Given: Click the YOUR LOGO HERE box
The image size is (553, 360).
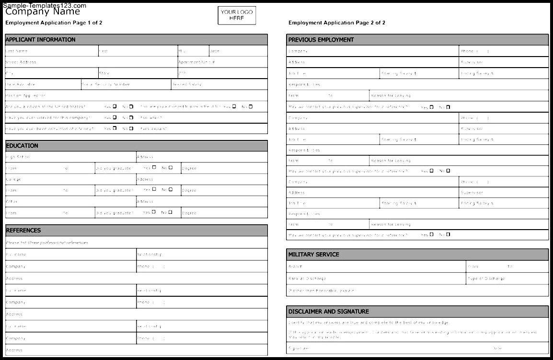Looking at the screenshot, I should [237, 15].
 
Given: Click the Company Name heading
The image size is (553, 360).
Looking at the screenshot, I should [43, 12].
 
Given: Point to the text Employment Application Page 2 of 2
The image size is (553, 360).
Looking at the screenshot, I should [336, 23].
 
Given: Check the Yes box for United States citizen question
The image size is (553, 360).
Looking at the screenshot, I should [115, 106].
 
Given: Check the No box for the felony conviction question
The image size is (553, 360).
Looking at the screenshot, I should [131, 128].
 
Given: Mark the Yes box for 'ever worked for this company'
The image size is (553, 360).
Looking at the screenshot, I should [115, 117].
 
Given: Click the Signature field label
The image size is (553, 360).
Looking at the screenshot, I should [299, 348].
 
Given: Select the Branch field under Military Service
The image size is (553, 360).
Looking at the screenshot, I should [295, 267].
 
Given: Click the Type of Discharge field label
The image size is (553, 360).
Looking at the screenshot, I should [486, 279].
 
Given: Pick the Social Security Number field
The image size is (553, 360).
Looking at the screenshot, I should [105, 84].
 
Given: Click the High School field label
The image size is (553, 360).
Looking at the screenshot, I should [18, 157].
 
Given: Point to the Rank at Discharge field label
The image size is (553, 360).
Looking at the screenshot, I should [307, 279].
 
